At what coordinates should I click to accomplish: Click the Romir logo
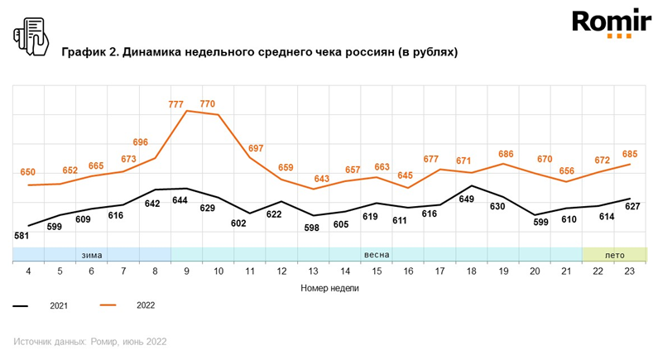click(612, 23)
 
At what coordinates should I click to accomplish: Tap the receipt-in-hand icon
click(31, 36)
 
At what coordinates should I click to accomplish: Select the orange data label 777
click(175, 104)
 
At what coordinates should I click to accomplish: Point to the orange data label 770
click(208, 103)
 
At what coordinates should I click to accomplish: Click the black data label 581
click(22, 236)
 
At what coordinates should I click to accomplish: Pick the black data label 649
click(466, 199)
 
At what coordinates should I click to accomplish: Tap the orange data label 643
click(321, 178)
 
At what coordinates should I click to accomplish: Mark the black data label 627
click(632, 207)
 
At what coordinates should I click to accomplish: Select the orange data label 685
click(630, 154)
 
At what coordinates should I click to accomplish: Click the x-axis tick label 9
click(186, 271)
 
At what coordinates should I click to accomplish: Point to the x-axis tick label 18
click(472, 271)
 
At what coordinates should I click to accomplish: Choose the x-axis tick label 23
click(629, 271)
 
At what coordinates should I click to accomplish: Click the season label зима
click(92, 256)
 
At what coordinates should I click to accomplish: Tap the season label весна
click(377, 255)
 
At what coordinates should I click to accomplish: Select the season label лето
click(615, 256)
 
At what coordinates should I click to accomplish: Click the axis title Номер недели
click(329, 288)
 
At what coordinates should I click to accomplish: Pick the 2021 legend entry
click(41, 306)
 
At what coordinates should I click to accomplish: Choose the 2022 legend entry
click(127, 305)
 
